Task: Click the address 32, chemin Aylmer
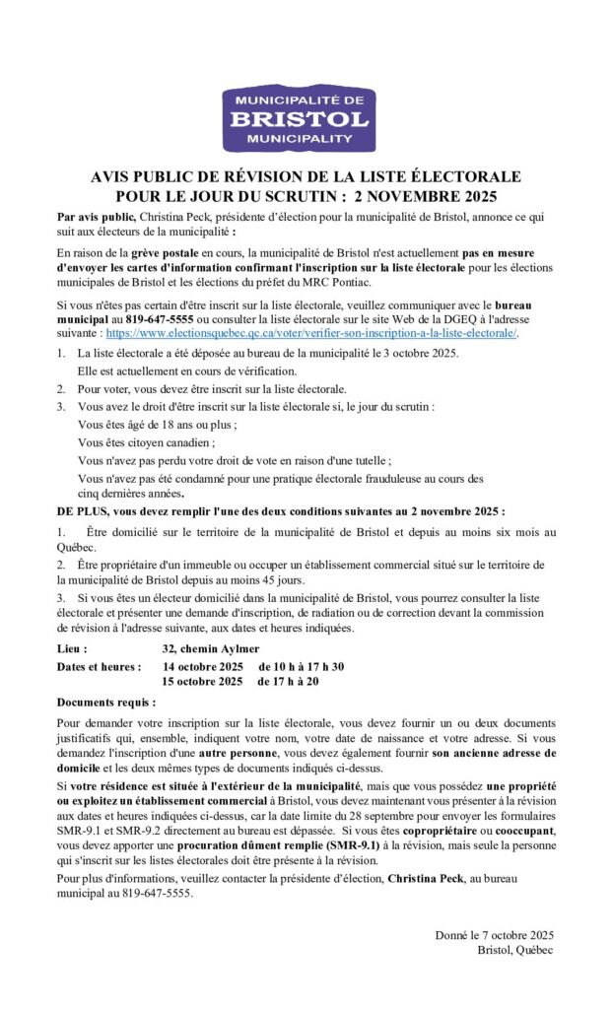pyautogui.click(x=211, y=649)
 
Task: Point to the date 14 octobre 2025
pyautogui.click(x=202, y=667)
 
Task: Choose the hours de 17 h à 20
pyautogui.click(x=292, y=681)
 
